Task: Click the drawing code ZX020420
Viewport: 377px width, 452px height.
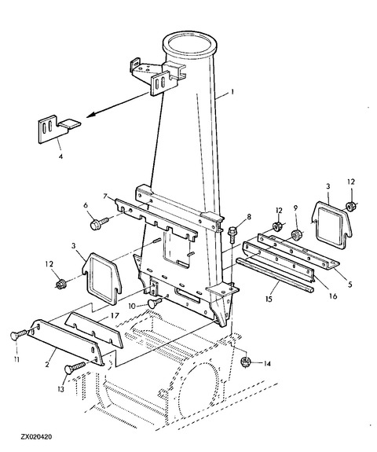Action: coord(36,437)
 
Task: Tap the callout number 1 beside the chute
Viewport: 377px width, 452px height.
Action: coord(232,92)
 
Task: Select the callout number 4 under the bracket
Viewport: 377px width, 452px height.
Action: coord(60,156)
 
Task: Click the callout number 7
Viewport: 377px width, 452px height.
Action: coord(105,197)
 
